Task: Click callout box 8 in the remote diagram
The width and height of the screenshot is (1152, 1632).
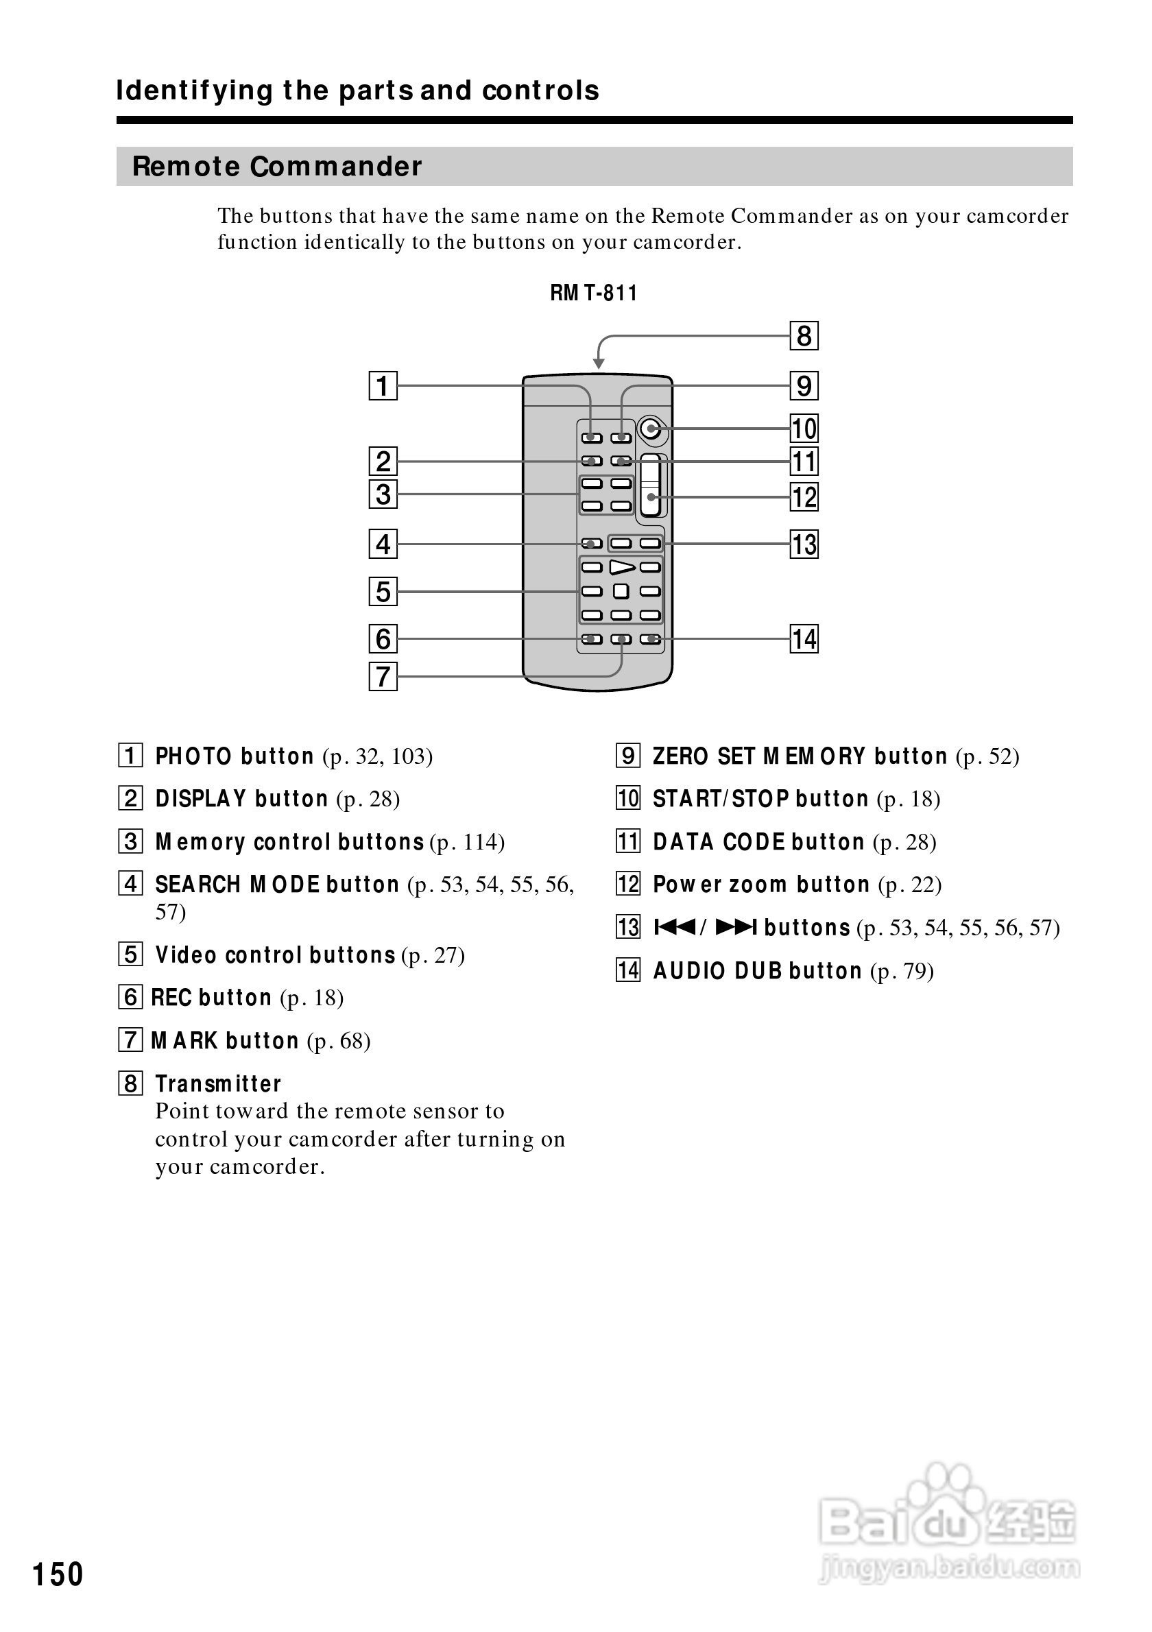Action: click(x=804, y=335)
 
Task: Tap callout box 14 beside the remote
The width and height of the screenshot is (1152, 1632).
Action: click(x=804, y=638)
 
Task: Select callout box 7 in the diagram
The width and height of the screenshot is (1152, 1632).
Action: click(x=383, y=676)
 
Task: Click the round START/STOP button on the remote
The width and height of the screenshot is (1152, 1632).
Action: click(x=650, y=429)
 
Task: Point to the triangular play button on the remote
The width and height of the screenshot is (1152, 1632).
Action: click(x=622, y=566)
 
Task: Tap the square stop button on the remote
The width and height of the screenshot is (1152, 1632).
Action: click(x=621, y=590)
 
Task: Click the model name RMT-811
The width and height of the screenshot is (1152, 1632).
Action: click(x=593, y=293)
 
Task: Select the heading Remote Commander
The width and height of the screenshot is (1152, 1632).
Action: click(x=277, y=167)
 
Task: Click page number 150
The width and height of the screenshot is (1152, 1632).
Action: click(x=58, y=1574)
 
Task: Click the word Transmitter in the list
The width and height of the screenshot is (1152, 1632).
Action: click(x=218, y=1084)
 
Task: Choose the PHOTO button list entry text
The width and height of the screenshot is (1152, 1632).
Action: click(x=235, y=756)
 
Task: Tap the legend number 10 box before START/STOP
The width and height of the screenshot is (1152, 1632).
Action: click(x=627, y=798)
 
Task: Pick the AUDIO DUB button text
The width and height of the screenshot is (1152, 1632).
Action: click(x=757, y=970)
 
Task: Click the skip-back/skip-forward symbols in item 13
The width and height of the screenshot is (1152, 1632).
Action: click(x=705, y=928)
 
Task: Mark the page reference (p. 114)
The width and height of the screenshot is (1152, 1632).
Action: click(x=467, y=842)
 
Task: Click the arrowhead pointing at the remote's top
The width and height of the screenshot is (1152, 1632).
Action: click(x=599, y=364)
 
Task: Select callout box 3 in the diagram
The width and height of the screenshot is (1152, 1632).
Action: click(x=383, y=494)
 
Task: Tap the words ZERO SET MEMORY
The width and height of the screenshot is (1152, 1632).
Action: click(x=759, y=756)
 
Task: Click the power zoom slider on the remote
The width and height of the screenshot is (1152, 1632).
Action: click(x=650, y=485)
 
